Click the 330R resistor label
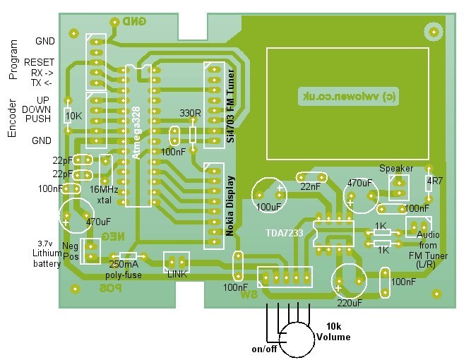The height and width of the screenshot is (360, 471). (191, 112)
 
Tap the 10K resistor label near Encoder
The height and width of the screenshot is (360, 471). (73, 114)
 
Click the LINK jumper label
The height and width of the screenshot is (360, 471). (177, 274)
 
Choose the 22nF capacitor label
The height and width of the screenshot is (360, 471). (309, 186)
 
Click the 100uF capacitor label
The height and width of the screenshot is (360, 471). (269, 207)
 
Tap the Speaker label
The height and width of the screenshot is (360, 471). (396, 169)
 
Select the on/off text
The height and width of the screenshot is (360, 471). (264, 349)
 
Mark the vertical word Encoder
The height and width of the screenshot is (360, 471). (12, 118)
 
